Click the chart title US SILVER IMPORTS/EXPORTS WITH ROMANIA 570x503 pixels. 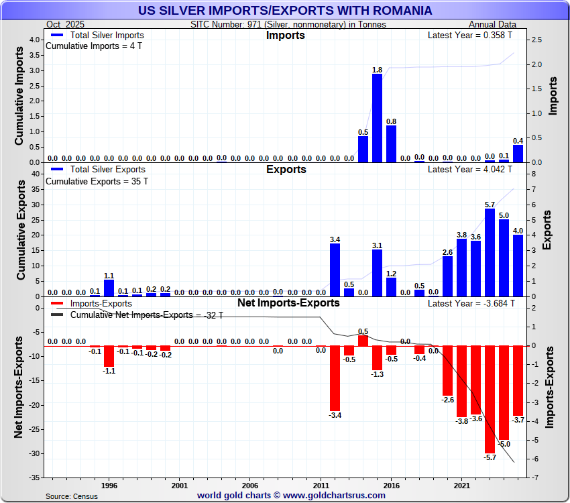(x=285, y=11)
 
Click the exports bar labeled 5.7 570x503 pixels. (x=490, y=252)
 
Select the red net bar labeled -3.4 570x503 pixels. (x=335, y=378)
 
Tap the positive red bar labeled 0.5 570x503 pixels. (x=363, y=340)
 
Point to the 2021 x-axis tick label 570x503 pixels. (x=461, y=485)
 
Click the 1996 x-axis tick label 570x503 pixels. (x=109, y=485)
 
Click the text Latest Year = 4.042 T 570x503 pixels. (x=469, y=170)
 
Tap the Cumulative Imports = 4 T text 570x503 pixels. (x=94, y=46)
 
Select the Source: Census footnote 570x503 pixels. (x=72, y=496)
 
